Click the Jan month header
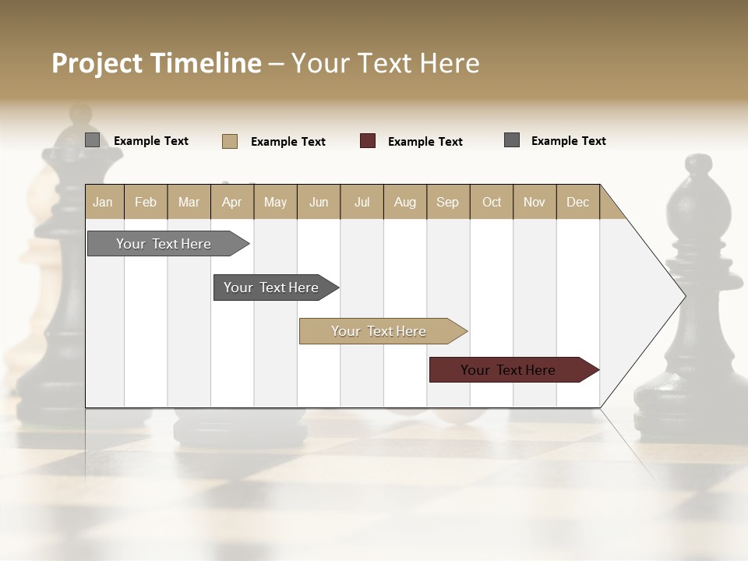tap(103, 202)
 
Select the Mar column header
tap(189, 202)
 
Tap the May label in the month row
tap(275, 202)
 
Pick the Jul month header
tap(362, 202)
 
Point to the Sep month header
tap(447, 202)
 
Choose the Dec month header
tap(577, 202)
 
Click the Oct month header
tap(492, 202)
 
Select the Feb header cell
tap(146, 202)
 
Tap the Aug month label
tap(404, 202)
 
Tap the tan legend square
tap(230, 141)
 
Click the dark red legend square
tap(368, 141)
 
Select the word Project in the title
tap(97, 63)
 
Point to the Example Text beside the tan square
tap(288, 142)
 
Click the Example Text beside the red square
tap(425, 142)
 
